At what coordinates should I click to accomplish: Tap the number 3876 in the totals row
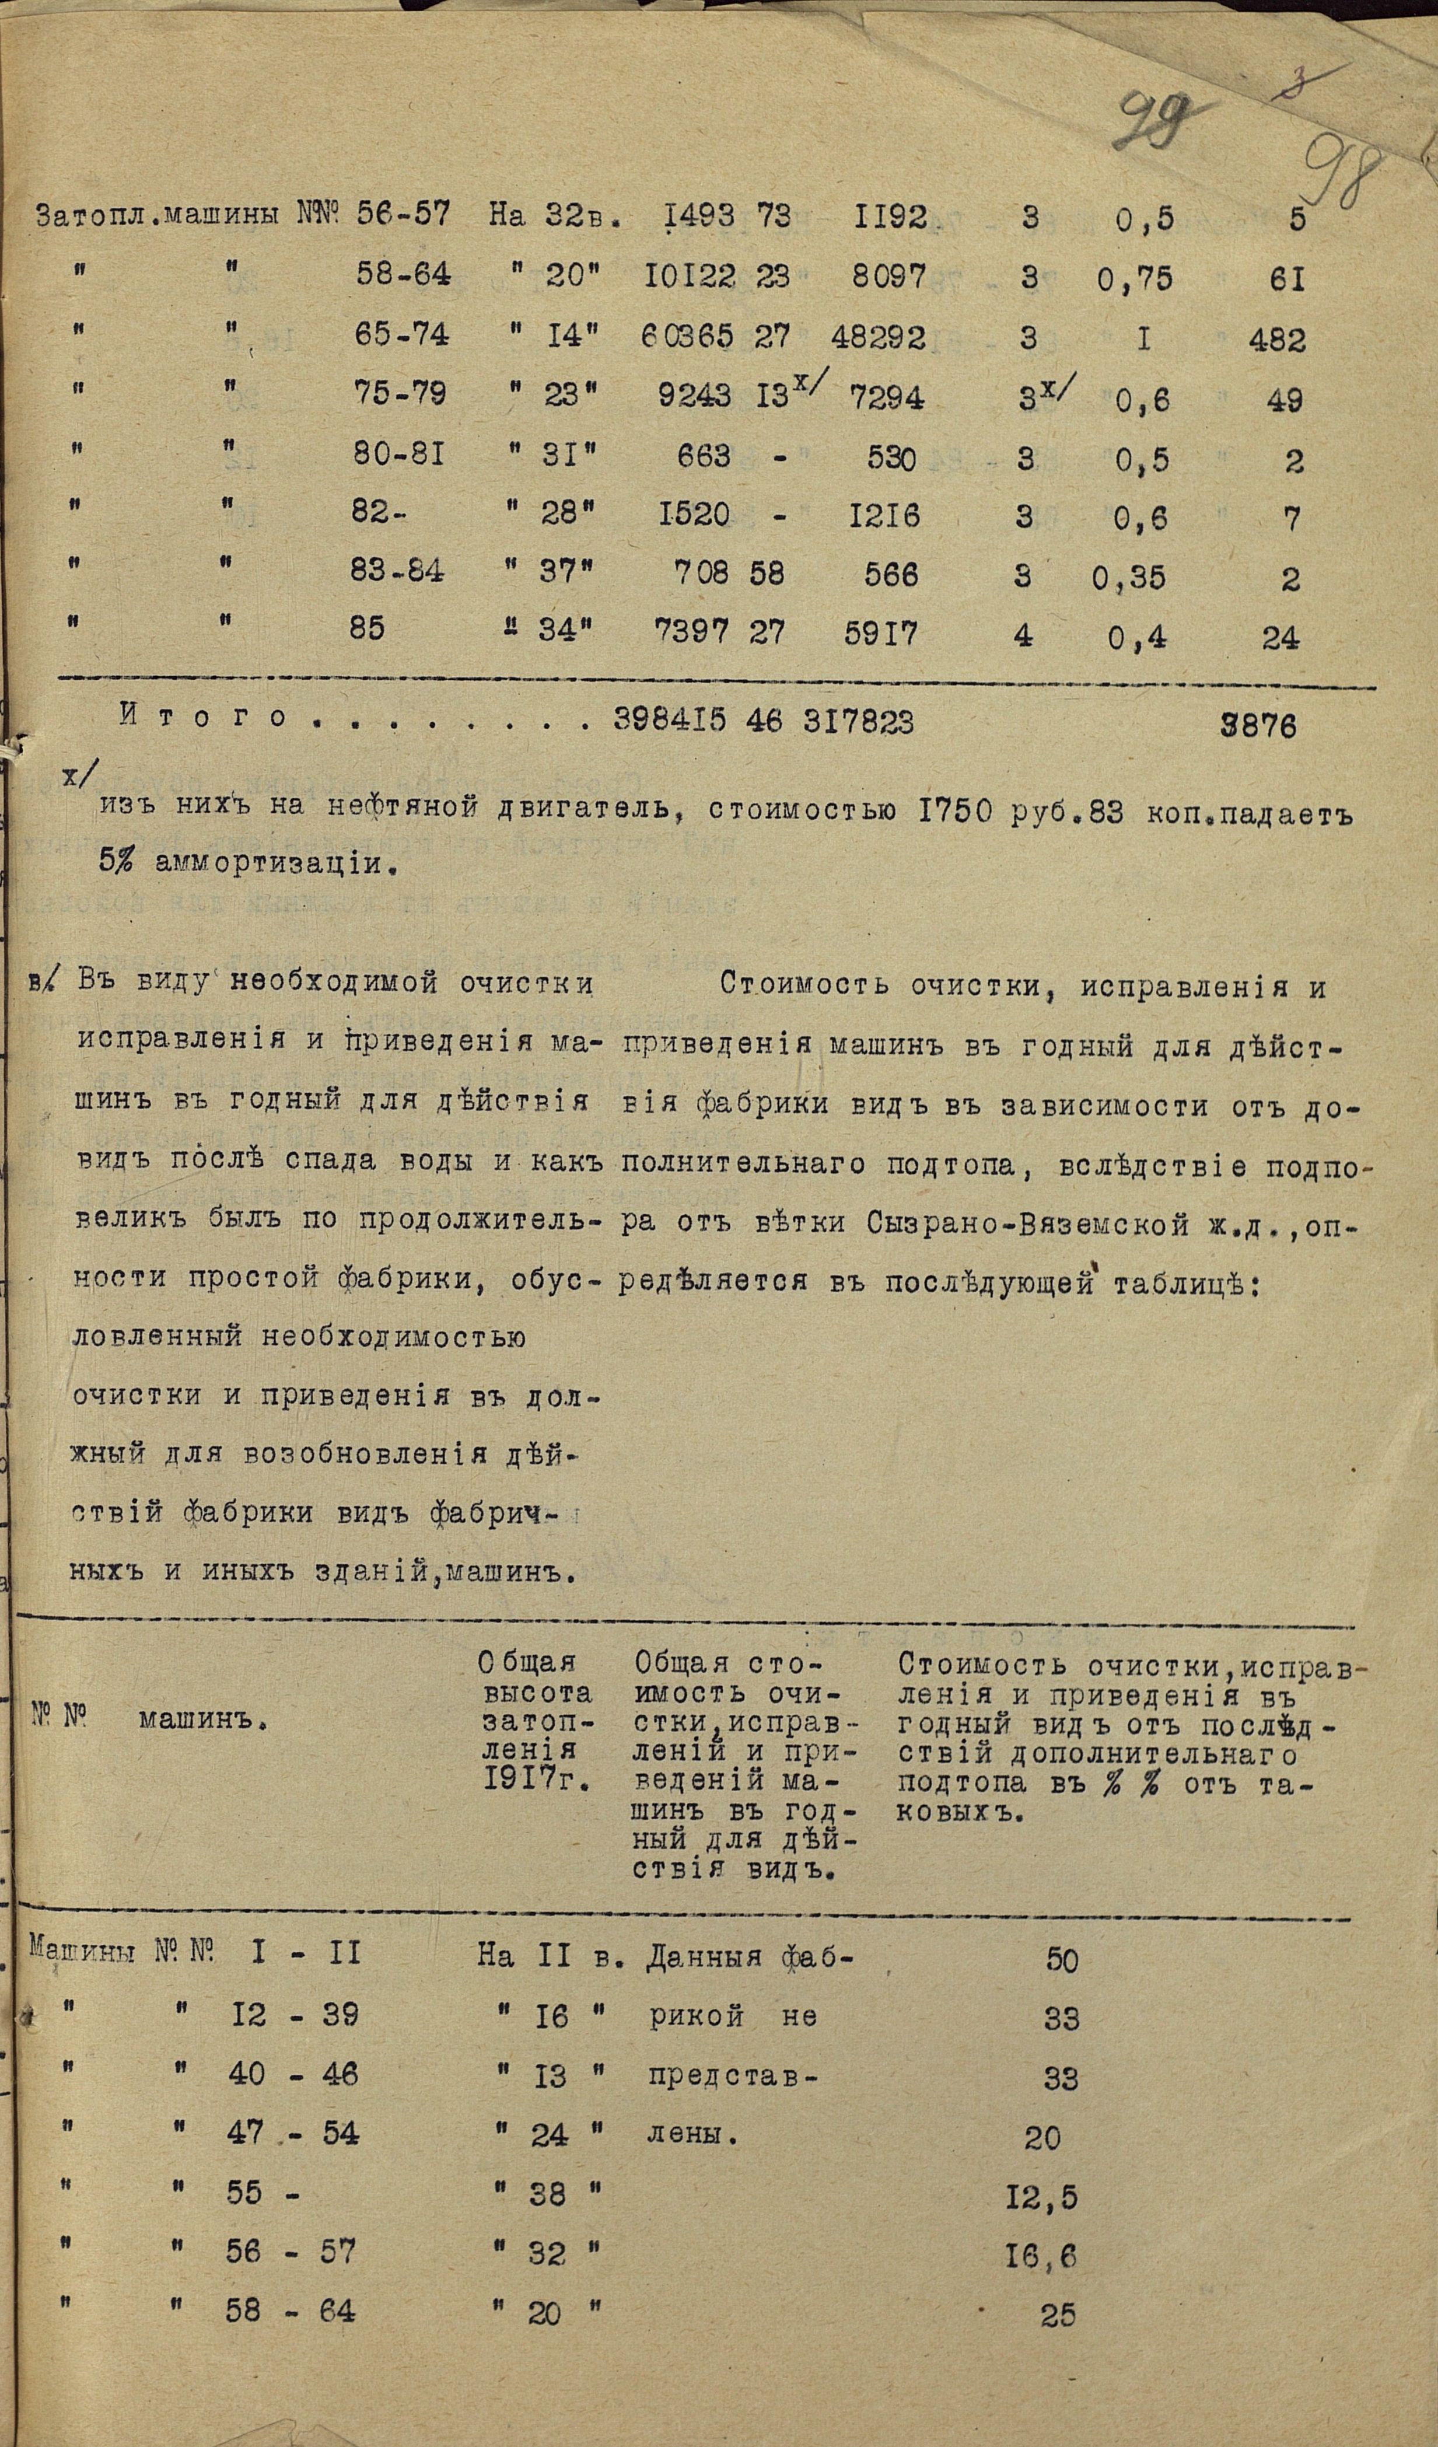[1259, 726]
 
